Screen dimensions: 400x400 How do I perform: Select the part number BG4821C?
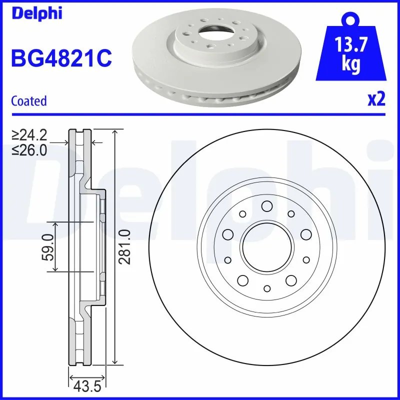(60, 58)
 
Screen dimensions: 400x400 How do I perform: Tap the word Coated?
(28, 101)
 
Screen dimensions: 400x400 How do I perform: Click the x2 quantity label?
(376, 100)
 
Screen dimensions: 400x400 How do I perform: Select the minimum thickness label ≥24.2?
(29, 135)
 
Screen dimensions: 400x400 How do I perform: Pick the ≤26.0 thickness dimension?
(29, 149)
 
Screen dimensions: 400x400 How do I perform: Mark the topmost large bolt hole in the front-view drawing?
(266, 205)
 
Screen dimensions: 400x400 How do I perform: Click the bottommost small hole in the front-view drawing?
(266, 288)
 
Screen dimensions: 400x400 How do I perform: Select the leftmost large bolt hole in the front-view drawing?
(228, 234)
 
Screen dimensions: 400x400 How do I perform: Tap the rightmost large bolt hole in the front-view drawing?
(305, 234)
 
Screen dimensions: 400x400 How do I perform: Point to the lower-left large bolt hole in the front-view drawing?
(243, 280)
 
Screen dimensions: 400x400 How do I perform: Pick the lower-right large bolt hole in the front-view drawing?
(291, 280)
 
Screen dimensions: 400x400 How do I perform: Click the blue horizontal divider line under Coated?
(200, 114)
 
